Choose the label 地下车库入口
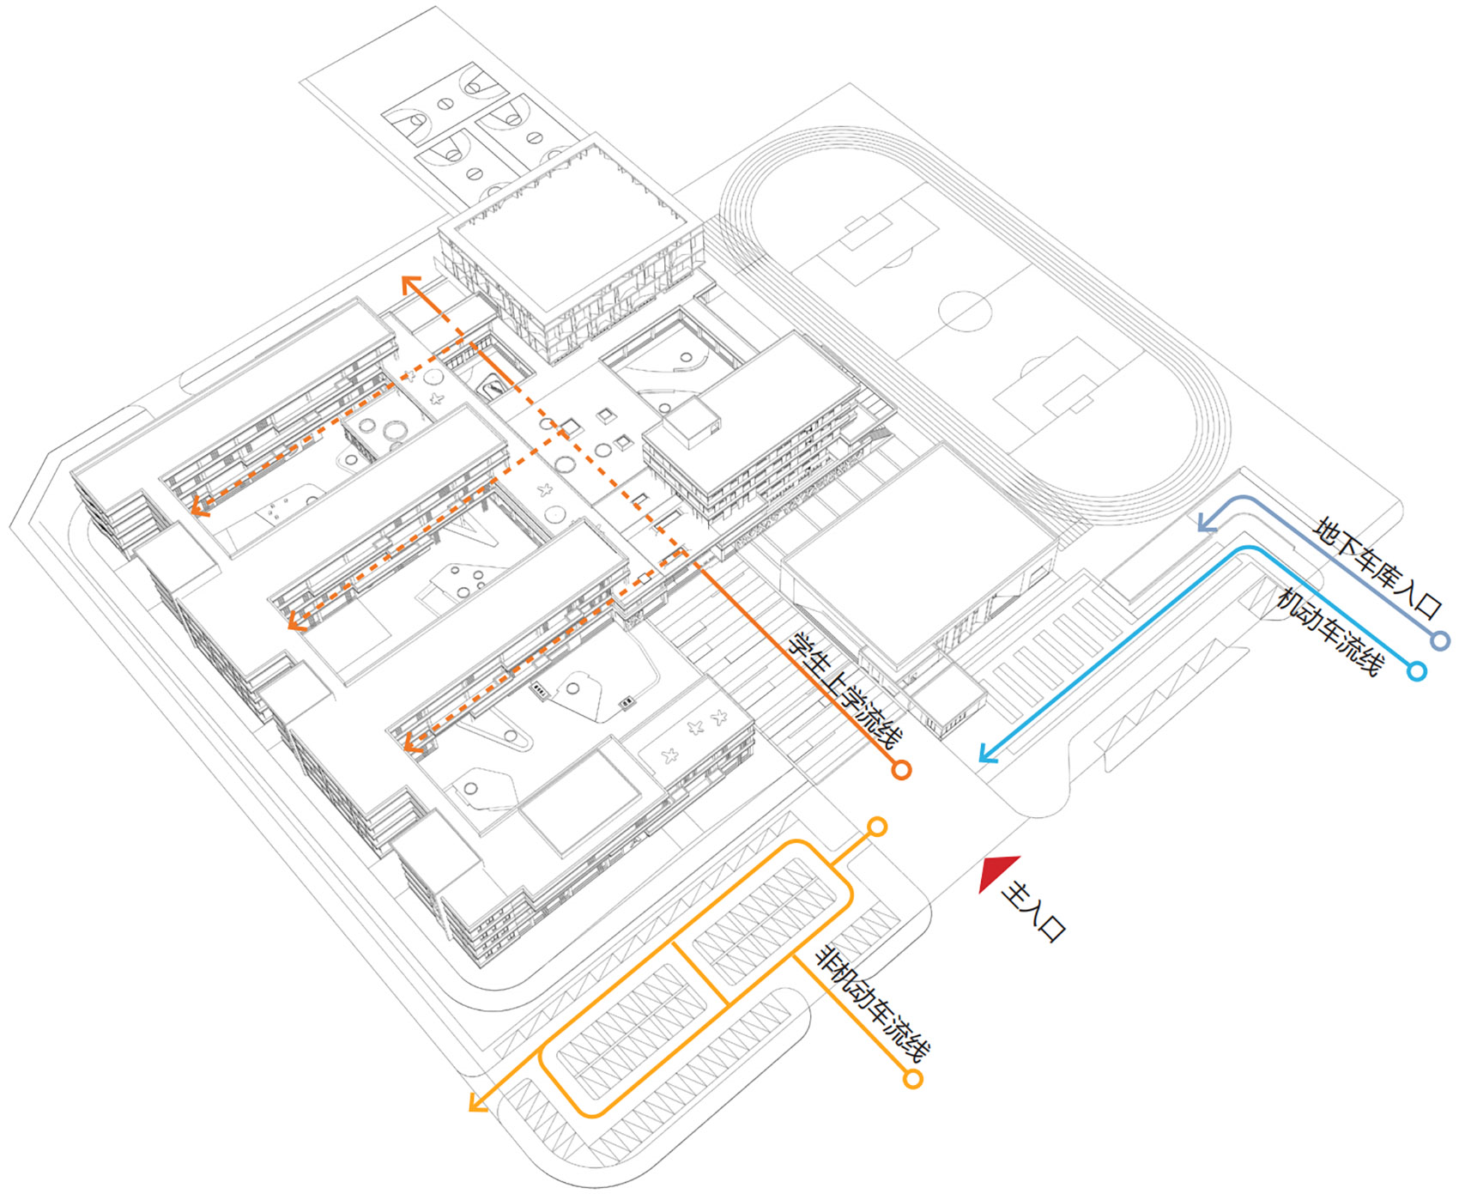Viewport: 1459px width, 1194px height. pos(1378,567)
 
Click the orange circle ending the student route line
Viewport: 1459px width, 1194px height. pos(900,770)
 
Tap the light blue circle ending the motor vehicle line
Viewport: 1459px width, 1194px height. pos(1417,671)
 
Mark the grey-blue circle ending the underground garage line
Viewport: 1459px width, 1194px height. pos(1441,640)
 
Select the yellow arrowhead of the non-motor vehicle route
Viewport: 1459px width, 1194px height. pos(477,1103)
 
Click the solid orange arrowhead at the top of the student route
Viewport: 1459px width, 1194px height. pos(411,284)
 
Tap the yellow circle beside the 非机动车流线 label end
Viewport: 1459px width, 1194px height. pos(913,1079)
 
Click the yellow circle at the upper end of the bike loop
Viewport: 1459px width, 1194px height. pos(877,827)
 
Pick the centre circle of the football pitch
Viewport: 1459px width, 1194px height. pos(965,311)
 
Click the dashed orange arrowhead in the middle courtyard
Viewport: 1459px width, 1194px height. pos(296,621)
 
